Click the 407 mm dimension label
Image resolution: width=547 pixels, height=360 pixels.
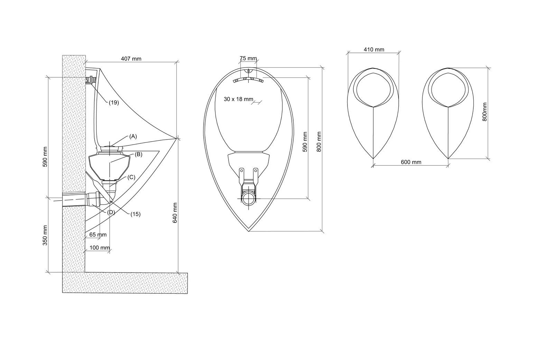(x=131, y=59)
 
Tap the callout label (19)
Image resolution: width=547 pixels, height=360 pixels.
(x=114, y=103)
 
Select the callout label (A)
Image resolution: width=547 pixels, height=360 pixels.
(x=133, y=136)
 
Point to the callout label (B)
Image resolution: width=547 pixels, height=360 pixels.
(x=138, y=154)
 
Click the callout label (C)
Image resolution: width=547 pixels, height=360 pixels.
(x=131, y=177)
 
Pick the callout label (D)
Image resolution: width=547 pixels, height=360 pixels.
(x=111, y=212)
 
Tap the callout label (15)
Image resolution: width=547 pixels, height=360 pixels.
(x=135, y=214)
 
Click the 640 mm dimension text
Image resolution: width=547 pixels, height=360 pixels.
(x=175, y=212)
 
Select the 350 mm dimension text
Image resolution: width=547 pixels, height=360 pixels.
(x=45, y=235)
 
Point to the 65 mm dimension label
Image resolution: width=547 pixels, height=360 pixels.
(x=98, y=235)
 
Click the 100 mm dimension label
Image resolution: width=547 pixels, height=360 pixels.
(x=100, y=248)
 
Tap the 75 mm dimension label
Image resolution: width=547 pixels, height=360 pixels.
(x=248, y=58)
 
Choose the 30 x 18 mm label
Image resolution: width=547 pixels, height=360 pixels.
(x=239, y=99)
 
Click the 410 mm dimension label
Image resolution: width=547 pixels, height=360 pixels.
(x=374, y=49)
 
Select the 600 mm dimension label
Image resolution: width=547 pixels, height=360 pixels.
(x=411, y=162)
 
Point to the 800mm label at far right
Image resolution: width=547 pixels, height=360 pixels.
(x=485, y=112)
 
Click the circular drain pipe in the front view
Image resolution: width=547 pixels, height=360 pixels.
(x=249, y=198)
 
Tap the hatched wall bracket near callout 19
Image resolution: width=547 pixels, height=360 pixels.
(x=90, y=80)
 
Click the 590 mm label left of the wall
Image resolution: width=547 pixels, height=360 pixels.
(x=45, y=157)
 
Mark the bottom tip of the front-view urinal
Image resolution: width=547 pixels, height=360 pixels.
(x=249, y=231)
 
